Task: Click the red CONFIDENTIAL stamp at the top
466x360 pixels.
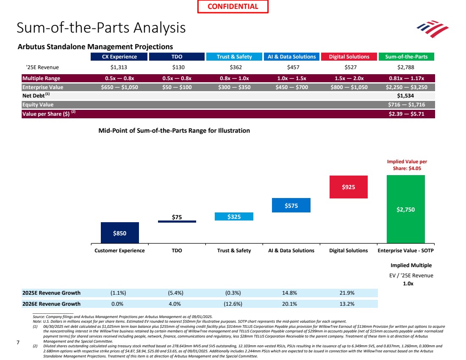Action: (233, 6)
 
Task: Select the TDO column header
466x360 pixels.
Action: (177, 57)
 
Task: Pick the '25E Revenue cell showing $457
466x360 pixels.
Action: (292, 67)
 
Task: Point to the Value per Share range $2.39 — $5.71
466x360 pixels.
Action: (406, 114)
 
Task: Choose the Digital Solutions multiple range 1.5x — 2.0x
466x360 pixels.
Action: (349, 78)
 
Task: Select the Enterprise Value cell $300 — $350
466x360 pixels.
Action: (234, 87)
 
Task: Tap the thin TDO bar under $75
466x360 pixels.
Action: (177, 221)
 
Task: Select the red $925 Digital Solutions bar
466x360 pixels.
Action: (349, 187)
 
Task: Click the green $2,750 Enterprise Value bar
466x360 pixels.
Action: (406, 209)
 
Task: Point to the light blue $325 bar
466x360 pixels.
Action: (234, 217)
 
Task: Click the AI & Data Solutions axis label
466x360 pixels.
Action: (291, 251)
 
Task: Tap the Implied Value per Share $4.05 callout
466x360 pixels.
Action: (407, 165)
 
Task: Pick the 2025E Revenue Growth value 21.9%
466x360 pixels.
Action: (349, 293)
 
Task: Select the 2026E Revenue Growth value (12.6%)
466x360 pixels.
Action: (234, 304)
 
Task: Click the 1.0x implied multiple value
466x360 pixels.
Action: (408, 284)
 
